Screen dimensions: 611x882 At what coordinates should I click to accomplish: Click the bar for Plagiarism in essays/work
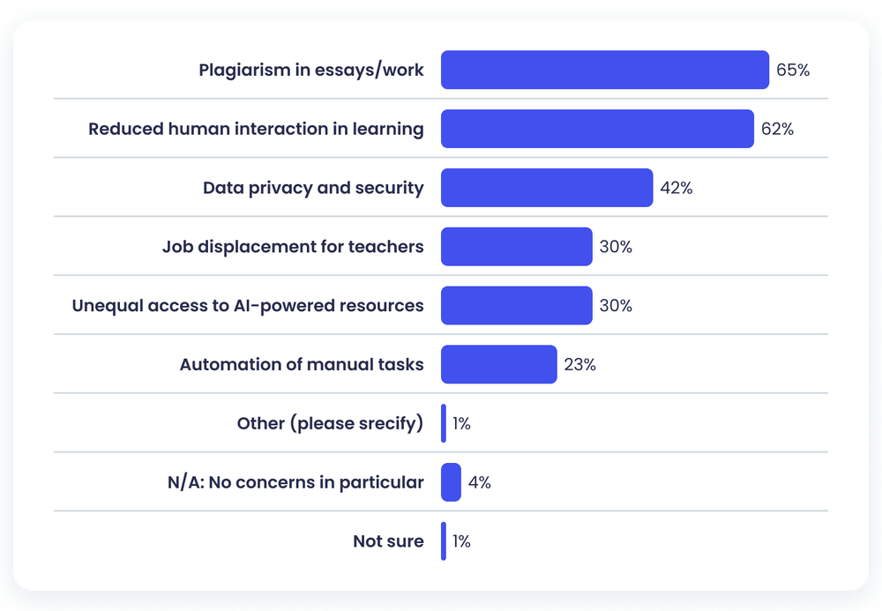pos(604,70)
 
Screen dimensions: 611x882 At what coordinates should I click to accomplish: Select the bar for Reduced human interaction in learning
pos(597,129)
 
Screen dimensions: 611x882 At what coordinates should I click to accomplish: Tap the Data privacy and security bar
pos(547,188)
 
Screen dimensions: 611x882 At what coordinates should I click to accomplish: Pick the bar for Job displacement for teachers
pos(516,247)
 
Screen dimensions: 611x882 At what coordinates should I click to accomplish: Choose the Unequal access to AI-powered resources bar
pos(516,306)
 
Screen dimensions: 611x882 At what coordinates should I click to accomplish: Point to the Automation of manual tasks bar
pos(498,364)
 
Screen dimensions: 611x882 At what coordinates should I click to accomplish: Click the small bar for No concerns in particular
pos(451,482)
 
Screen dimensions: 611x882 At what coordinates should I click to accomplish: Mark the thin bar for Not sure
pos(444,541)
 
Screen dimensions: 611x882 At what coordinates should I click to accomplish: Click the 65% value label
pos(793,71)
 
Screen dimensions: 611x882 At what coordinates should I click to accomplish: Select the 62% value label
pos(777,130)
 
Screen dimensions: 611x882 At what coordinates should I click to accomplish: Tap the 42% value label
pos(676,188)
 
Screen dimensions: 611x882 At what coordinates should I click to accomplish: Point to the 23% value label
pos(579,364)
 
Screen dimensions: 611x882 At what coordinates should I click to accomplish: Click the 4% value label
pos(480,482)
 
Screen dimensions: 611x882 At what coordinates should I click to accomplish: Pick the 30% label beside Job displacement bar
pos(616,247)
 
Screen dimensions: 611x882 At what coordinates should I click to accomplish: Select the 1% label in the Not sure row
pos(461,541)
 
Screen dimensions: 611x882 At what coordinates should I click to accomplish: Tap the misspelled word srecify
pos(385,424)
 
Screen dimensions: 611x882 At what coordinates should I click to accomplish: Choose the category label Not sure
pos(388,541)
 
